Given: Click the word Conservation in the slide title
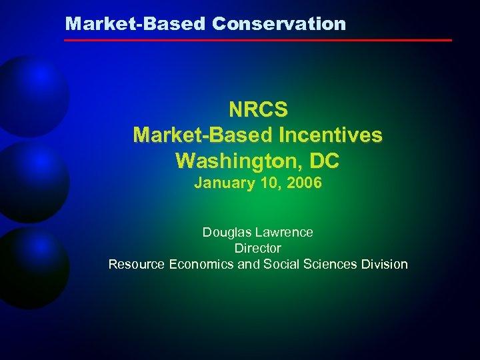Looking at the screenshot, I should pos(279,24).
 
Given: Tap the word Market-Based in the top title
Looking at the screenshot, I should pos(136,24).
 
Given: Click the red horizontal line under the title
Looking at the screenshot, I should pos(257,40).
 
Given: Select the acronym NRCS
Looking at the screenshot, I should pos(258,109).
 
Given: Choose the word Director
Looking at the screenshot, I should pos(258,248).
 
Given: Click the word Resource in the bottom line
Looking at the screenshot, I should pos(137,264).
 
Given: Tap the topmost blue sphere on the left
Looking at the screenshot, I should pos(30,93).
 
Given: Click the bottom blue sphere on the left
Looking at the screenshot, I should pos(30,267).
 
